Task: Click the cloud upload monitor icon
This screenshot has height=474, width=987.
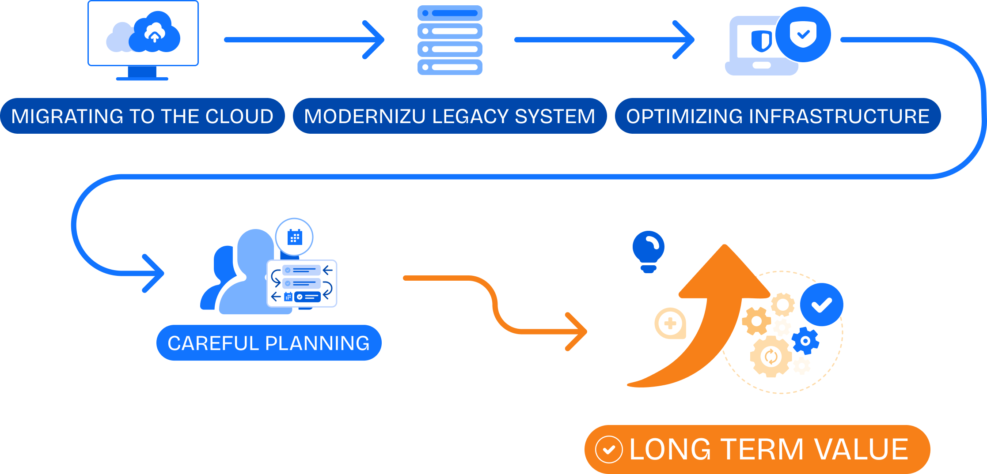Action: coord(143,35)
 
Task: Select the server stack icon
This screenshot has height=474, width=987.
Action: coord(450,40)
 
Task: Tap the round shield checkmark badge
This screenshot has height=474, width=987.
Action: coord(803,34)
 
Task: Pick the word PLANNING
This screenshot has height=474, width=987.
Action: coord(318,343)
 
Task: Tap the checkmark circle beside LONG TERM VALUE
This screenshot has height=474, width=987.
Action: coord(609,449)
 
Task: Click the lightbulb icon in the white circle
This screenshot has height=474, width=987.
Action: coord(648,252)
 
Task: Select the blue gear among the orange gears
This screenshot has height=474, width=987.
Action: coord(805,341)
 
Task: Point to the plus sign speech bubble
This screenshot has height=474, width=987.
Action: coord(670,324)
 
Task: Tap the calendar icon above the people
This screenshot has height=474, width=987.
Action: coord(294,237)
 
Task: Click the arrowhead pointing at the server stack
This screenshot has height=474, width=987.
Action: coord(376,40)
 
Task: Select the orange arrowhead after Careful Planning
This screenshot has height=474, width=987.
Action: coord(579,331)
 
